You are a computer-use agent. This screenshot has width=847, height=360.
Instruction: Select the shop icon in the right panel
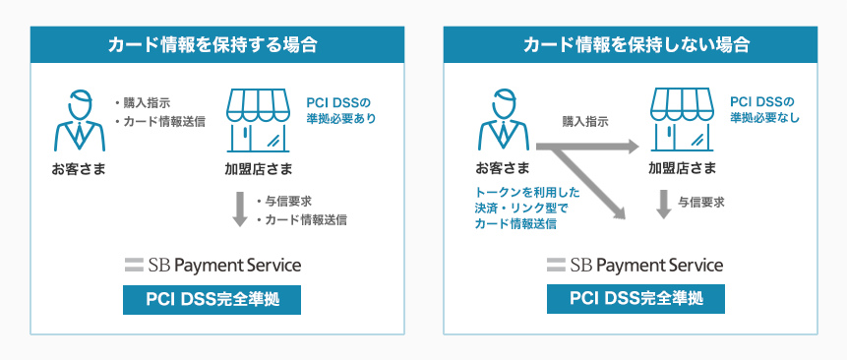click(x=683, y=119)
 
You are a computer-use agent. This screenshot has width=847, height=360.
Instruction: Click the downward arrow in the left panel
click(x=239, y=210)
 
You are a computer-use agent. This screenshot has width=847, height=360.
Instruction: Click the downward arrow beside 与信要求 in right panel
click(x=663, y=203)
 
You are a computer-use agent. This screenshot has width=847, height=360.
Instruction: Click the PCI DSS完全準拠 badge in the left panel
click(x=212, y=299)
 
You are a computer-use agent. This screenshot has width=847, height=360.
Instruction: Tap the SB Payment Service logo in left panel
click(x=212, y=265)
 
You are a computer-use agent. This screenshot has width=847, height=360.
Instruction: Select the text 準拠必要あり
click(x=340, y=118)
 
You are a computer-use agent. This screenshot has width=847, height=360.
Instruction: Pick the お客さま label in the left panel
click(x=79, y=168)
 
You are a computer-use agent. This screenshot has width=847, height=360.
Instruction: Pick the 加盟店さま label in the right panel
click(x=682, y=168)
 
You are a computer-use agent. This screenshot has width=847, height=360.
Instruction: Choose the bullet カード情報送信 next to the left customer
click(x=161, y=122)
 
